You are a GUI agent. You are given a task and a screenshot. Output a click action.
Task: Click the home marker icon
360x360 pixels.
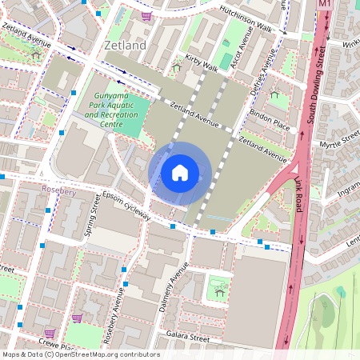[180, 172]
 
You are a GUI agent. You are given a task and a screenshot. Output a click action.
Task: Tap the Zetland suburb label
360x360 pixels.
[125, 46]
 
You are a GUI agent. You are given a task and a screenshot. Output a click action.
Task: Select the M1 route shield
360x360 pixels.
[324, 5]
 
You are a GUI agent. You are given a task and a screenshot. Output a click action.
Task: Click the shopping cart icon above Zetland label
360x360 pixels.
[146, 15]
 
